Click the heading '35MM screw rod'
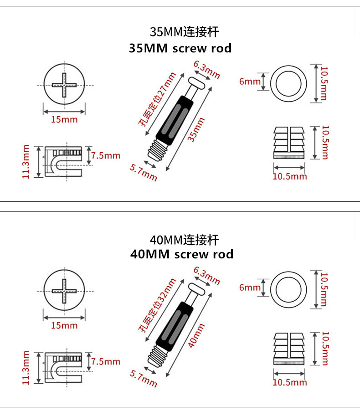point(180,48)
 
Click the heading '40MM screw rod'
point(182,254)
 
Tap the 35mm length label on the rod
point(196,130)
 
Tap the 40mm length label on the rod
point(196,335)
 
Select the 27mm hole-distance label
point(157,99)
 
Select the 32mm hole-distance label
point(157,305)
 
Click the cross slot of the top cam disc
point(64,85)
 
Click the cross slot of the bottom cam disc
point(64,291)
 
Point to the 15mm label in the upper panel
point(64,119)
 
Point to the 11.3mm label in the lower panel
point(26,368)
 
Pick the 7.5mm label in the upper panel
point(106,155)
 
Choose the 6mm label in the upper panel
point(250,81)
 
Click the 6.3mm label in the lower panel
point(206,276)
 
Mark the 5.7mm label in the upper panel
point(144,173)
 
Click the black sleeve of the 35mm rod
point(175,120)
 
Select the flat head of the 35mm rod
point(196,83)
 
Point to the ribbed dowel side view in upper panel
point(289,143)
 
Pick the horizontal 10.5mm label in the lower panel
point(290,382)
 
